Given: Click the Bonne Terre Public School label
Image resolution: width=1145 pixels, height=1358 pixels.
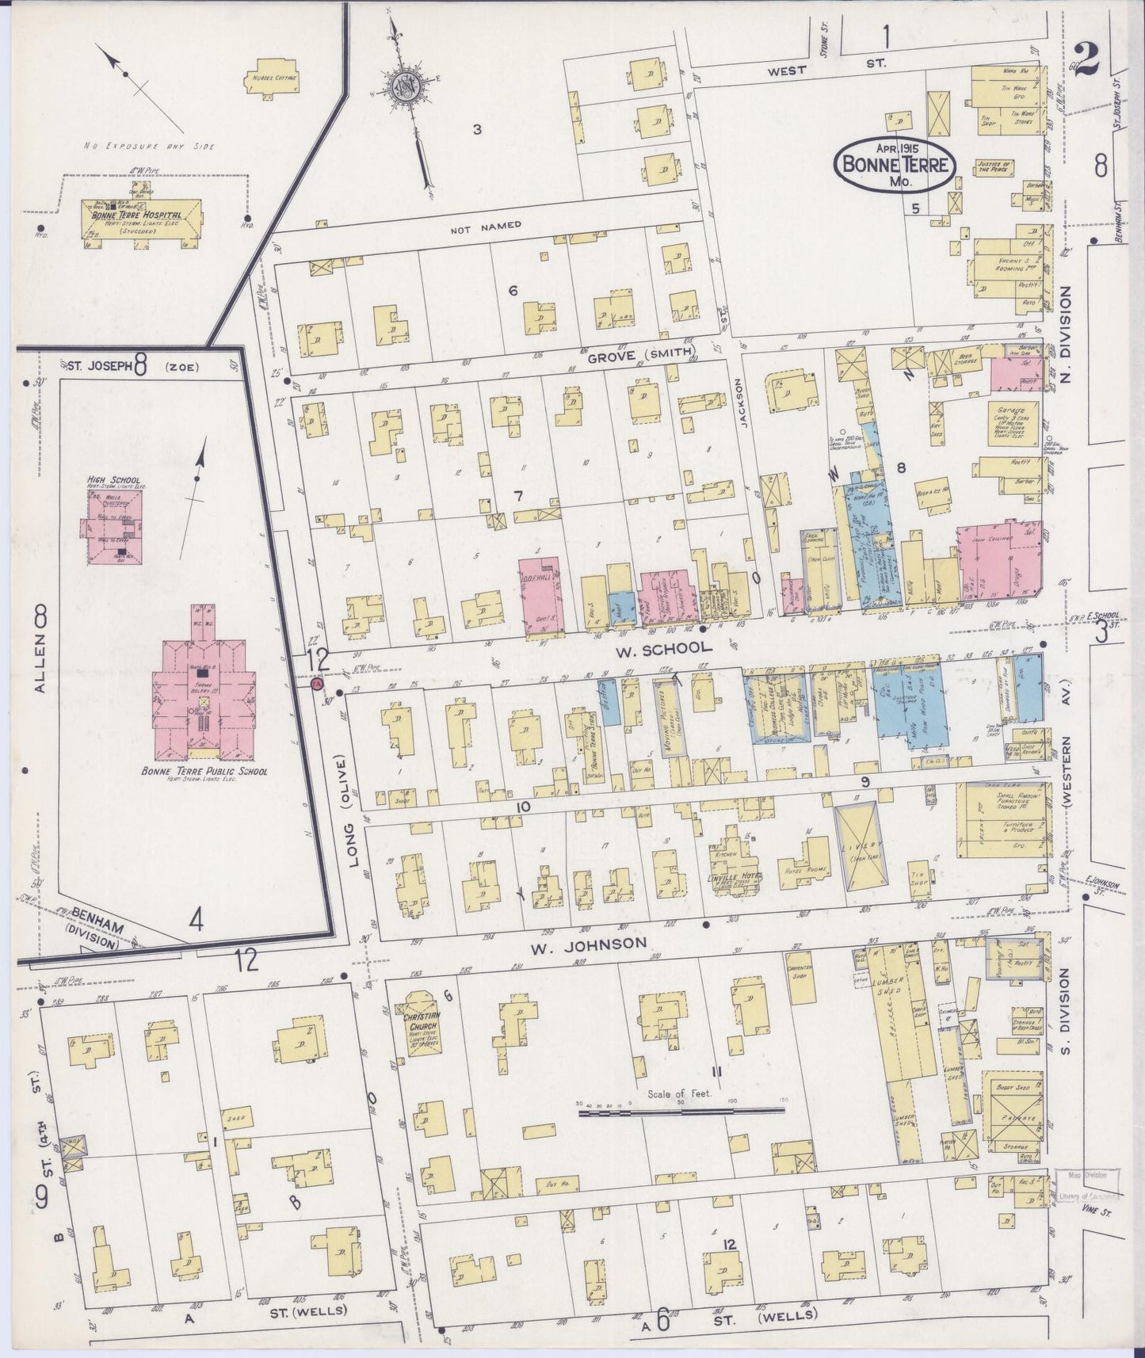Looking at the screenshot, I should click(x=204, y=771).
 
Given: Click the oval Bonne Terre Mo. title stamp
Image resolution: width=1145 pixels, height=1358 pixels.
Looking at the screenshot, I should click(x=895, y=163).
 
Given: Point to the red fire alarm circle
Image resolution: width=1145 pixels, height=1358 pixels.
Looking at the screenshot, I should click(x=319, y=684).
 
